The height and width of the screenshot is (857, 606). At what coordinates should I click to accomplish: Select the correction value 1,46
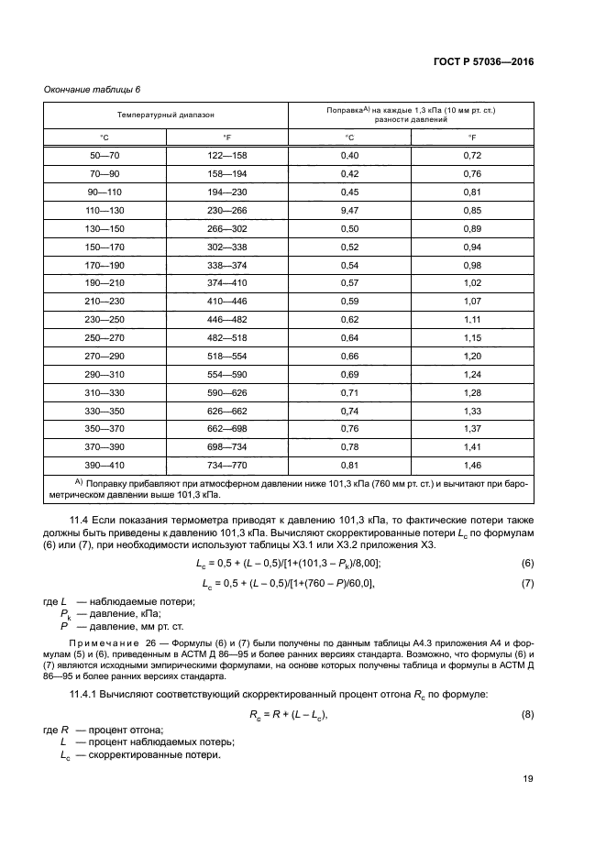472,466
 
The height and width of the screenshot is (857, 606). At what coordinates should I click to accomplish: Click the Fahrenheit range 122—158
226,157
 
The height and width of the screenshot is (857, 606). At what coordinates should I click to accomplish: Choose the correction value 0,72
472,157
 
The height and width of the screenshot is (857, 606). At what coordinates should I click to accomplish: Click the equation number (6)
526,563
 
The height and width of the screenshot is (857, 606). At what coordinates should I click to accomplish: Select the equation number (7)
526,583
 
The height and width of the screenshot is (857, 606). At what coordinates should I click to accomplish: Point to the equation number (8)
526,714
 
